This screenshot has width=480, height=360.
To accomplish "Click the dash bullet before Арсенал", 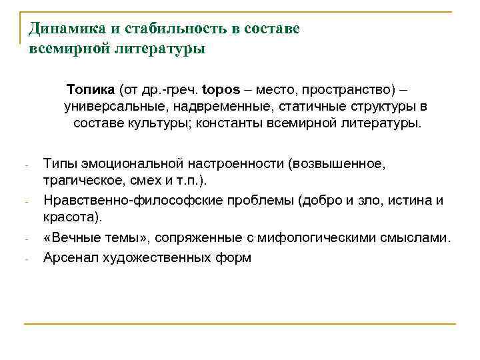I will pyautogui.click(x=25, y=259).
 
